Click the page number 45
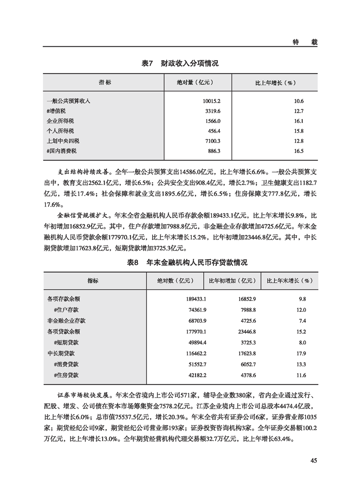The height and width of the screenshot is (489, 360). pyautogui.click(x=313, y=460)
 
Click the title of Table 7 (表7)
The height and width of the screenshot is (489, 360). pyautogui.click(x=180, y=64)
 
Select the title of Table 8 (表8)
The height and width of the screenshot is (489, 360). pyautogui.click(x=180, y=263)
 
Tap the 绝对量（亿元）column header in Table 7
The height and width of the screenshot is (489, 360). pyautogui.click(x=195, y=83)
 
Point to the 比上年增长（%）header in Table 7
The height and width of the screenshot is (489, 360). pyautogui.click(x=273, y=83)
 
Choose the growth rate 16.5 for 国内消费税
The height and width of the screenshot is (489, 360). pyautogui.click(x=298, y=151)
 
